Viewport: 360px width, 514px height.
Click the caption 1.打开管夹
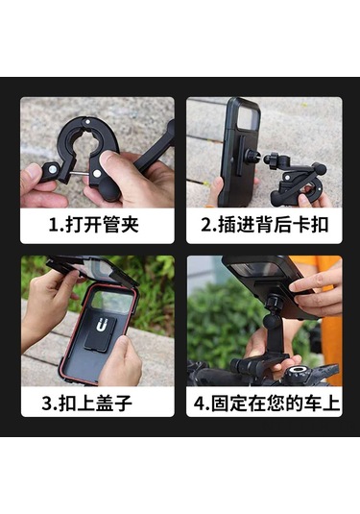pyautogui.click(x=94, y=225)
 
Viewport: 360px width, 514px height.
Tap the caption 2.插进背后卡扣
pyautogui.click(x=264, y=225)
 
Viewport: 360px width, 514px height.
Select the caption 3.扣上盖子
pyautogui.click(x=86, y=403)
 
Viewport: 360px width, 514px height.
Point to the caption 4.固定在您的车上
pyautogui.click(x=266, y=403)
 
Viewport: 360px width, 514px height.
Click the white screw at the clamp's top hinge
pyautogui.click(x=87, y=122)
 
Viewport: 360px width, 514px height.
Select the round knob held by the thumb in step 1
pyautogui.click(x=110, y=188)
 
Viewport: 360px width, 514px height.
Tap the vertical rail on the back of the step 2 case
pyautogui.click(x=240, y=156)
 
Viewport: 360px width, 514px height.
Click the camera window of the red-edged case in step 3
pyautogui.click(x=112, y=301)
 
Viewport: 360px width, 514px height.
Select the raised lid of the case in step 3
pyautogui.click(x=92, y=269)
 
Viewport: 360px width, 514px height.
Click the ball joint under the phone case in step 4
pyautogui.click(x=272, y=320)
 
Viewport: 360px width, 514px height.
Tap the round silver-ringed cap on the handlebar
pyautogui.click(x=298, y=372)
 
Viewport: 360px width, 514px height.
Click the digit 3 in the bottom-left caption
pyautogui.click(x=47, y=404)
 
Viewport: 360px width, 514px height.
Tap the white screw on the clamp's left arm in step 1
pyautogui.click(x=53, y=169)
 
